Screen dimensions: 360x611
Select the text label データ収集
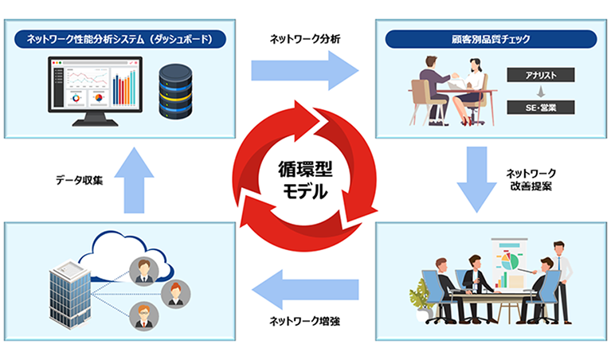(x=70, y=182)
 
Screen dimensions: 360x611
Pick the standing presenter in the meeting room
(x=562, y=275)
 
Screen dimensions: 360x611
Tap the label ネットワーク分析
(x=305, y=37)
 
